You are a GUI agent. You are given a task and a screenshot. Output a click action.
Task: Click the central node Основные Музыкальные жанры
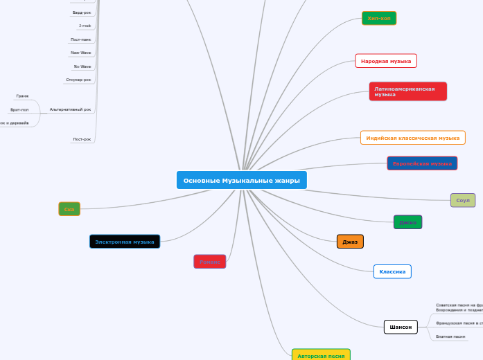pyautogui.click(x=241, y=180)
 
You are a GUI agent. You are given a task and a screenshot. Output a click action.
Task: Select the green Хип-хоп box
pyautogui.click(x=379, y=18)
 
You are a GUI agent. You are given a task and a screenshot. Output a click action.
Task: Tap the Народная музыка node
pyautogui.click(x=386, y=61)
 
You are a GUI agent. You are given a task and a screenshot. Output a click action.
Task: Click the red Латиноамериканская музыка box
pyautogui.click(x=407, y=91)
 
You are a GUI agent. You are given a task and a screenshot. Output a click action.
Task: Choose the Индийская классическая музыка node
pyautogui.click(x=413, y=138)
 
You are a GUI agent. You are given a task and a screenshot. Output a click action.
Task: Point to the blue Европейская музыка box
pyautogui.click(x=422, y=163)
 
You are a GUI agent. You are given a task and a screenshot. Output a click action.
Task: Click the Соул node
pyautogui.click(x=463, y=200)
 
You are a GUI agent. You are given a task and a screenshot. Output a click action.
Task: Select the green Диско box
pyautogui.click(x=407, y=222)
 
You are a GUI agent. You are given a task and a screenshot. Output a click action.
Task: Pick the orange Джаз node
pyautogui.click(x=350, y=242)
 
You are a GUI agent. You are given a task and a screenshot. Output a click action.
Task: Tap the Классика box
pyautogui.click(x=392, y=271)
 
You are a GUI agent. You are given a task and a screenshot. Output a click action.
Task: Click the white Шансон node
pyautogui.click(x=401, y=327)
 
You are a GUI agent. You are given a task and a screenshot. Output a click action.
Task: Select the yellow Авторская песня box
pyautogui.click(x=321, y=355)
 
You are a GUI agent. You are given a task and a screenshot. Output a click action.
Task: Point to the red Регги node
pyautogui.click(x=209, y=262)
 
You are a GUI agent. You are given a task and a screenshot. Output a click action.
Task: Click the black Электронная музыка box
pyautogui.click(x=125, y=242)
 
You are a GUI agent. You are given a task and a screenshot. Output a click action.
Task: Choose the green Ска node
pyautogui.click(x=69, y=209)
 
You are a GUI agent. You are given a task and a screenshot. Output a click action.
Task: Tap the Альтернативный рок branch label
pyautogui.click(x=70, y=109)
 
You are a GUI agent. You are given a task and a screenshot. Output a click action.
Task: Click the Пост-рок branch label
pyautogui.click(x=82, y=139)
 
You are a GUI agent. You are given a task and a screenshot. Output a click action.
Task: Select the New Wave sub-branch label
pyautogui.click(x=80, y=53)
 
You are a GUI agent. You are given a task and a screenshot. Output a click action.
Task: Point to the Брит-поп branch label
pyautogui.click(x=19, y=109)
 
